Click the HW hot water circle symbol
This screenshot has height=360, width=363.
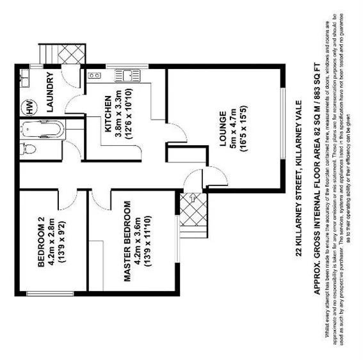tap(28, 106)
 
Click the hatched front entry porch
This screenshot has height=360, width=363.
tap(190, 211)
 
